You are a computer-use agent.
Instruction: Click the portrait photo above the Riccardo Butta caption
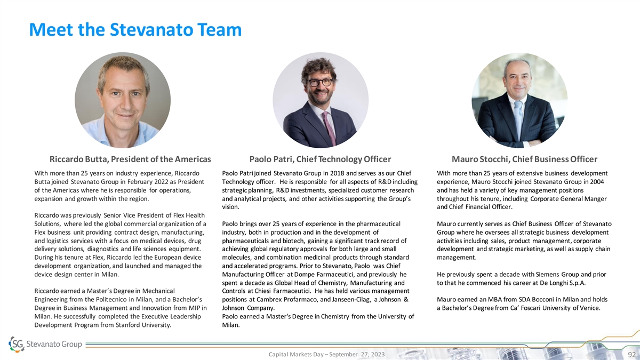tap(123, 100)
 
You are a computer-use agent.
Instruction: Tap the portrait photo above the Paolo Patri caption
tap(320, 100)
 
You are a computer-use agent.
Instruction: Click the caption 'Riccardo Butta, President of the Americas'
tap(130, 159)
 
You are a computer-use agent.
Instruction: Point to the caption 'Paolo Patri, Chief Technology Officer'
tap(320, 159)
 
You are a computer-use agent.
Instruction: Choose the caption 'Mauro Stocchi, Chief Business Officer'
tap(524, 159)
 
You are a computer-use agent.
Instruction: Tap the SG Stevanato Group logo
tap(46, 344)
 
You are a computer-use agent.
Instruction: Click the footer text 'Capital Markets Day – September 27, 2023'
tap(326, 355)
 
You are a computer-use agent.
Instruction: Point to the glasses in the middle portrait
tap(319, 82)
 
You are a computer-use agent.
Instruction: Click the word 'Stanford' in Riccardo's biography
tap(140, 325)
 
